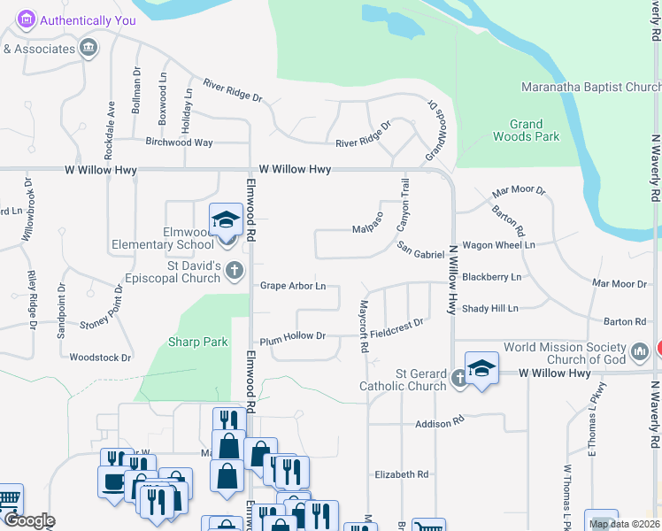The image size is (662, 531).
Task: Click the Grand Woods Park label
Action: click(x=534, y=131)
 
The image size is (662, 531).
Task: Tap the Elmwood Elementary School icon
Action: click(x=226, y=219)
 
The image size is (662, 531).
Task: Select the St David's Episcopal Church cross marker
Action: click(x=234, y=271)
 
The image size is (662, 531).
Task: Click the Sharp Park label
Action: click(x=198, y=342)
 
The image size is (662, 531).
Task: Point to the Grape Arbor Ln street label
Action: click(x=293, y=286)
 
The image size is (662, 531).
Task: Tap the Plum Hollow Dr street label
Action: click(x=293, y=336)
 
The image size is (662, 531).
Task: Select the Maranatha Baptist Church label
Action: click(x=590, y=88)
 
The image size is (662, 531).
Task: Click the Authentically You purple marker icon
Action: click(x=27, y=19)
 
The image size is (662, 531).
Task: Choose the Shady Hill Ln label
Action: click(x=489, y=308)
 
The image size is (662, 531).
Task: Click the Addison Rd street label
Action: click(x=440, y=425)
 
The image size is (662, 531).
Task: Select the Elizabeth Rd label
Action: click(x=402, y=474)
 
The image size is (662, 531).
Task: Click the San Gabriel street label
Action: click(x=420, y=254)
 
